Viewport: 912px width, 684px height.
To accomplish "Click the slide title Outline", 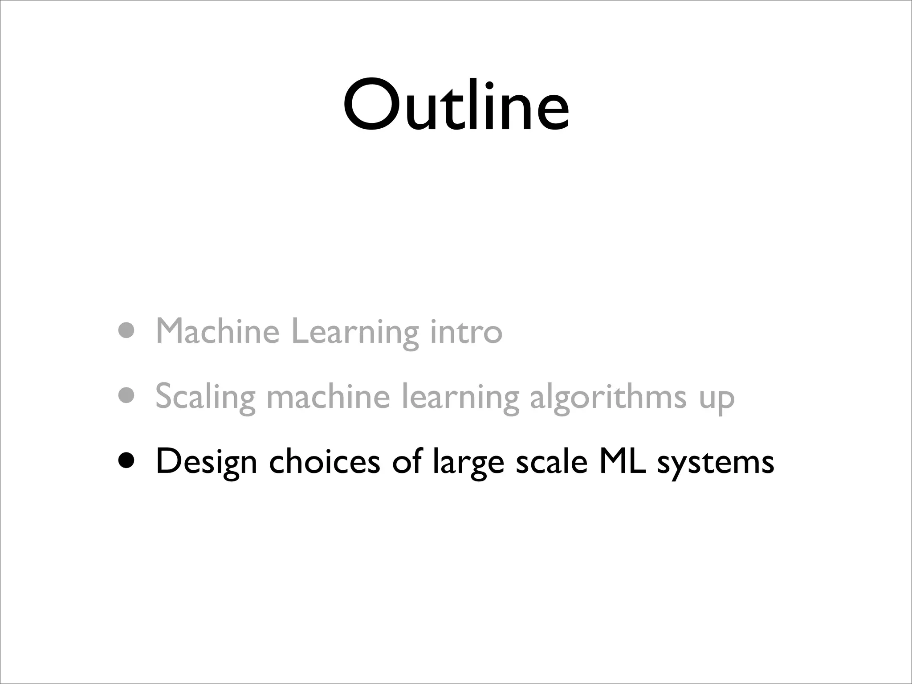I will coord(456,106).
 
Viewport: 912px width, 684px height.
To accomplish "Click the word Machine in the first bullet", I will coord(218,331).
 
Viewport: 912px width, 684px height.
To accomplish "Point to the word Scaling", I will coord(205,396).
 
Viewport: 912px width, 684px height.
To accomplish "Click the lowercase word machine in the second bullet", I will coord(328,396).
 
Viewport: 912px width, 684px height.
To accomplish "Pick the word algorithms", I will coord(608,396).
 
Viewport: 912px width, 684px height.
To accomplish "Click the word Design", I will coord(206,462).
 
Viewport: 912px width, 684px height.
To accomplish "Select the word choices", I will coord(325,461).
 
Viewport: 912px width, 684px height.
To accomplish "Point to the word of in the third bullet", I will coord(407,461).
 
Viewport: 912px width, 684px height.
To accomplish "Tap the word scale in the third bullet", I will coord(552,461).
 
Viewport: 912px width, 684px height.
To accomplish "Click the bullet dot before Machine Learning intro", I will coord(127,330).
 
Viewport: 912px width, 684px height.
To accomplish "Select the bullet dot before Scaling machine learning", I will coord(127,395).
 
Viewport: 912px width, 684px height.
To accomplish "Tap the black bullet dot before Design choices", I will coord(127,460).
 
